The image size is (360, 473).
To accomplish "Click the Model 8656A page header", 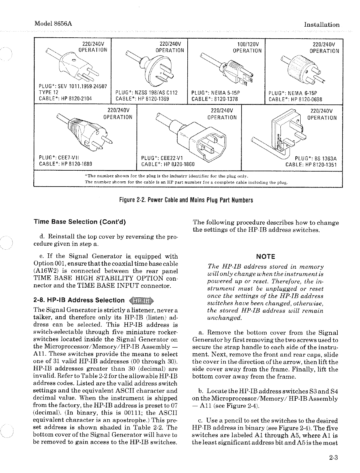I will tap(53, 24).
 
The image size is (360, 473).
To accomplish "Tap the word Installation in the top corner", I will tap(321, 25).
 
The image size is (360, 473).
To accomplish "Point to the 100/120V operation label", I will tap(247, 47).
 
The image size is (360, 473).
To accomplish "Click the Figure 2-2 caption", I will tap(186, 200).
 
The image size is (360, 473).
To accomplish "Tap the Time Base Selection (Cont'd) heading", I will tap(80, 221).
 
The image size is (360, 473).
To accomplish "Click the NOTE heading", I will tap(265, 256).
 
